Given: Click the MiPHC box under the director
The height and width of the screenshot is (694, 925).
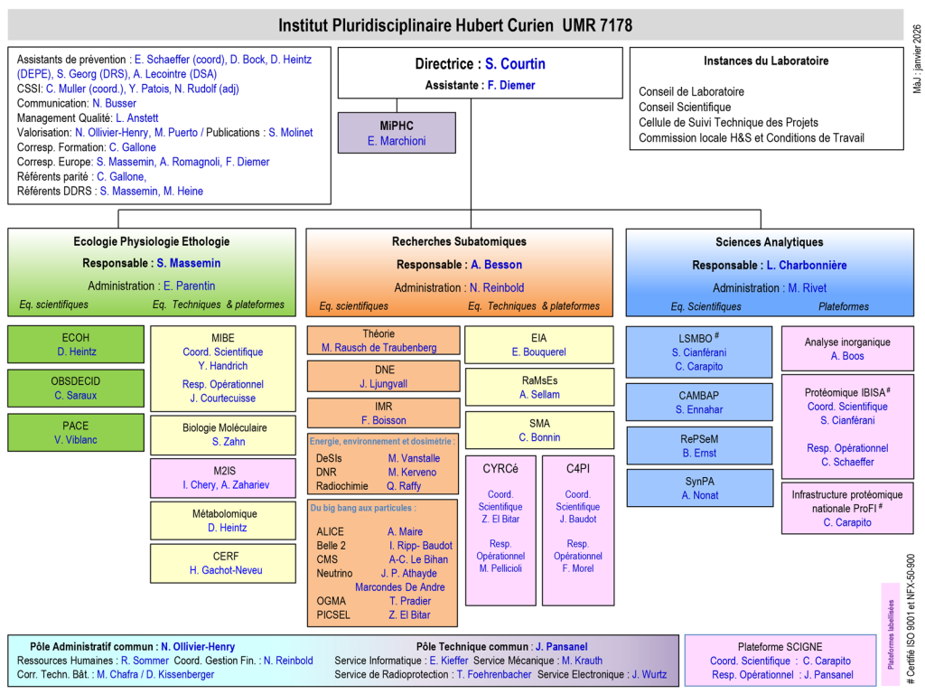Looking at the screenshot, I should [397, 133].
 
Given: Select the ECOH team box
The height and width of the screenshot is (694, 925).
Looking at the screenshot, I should [76, 344].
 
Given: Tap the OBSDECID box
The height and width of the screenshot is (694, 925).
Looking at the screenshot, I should [76, 388].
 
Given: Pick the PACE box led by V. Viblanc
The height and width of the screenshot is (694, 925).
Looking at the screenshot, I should [76, 432].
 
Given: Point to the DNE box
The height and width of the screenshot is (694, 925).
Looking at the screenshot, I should [384, 376].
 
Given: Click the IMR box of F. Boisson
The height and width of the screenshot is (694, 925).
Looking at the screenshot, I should [384, 413].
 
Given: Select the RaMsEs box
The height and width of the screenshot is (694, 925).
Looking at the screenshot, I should [539, 387].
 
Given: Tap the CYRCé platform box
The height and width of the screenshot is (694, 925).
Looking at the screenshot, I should [500, 530].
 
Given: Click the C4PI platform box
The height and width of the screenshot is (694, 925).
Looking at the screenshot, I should [577, 530].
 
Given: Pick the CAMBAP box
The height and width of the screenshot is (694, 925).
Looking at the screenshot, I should [699, 402].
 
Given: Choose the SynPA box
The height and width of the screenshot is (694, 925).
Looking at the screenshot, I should [699, 488].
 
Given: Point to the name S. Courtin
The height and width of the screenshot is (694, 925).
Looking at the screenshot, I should [515, 64].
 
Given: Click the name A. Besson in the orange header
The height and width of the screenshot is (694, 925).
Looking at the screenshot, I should [496, 265].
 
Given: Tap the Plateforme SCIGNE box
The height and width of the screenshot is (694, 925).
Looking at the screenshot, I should [780, 661].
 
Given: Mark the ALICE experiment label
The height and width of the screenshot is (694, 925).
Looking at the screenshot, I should [331, 532].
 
